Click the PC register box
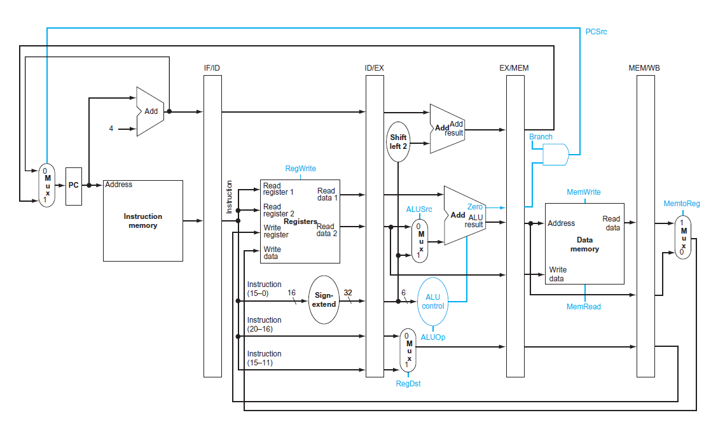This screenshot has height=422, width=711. coord(74,185)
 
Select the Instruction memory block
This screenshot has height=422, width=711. coord(142,220)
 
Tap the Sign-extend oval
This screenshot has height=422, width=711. coord(325,300)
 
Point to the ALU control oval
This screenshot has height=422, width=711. coord(433,301)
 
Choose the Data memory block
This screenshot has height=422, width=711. coord(584,244)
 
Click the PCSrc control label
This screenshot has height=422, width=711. coord(596,32)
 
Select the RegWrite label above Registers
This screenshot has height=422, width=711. coord(300,169)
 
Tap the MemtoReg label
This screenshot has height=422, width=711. coord(681,204)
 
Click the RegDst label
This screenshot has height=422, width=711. coord(408,383)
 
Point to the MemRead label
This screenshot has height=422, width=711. coord(583,307)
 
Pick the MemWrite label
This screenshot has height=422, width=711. coord(583,192)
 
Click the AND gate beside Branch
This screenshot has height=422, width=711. coord(555,154)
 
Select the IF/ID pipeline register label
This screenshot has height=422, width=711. coord(212,67)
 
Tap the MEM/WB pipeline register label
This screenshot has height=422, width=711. coord(644,67)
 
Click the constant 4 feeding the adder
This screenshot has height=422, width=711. coord(111,129)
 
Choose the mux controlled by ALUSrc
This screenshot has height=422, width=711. coord(420,241)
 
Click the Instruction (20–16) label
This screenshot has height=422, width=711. coord(264,324)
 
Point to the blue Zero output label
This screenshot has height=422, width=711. coord(474,207)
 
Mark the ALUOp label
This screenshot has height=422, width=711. coord(433,337)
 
